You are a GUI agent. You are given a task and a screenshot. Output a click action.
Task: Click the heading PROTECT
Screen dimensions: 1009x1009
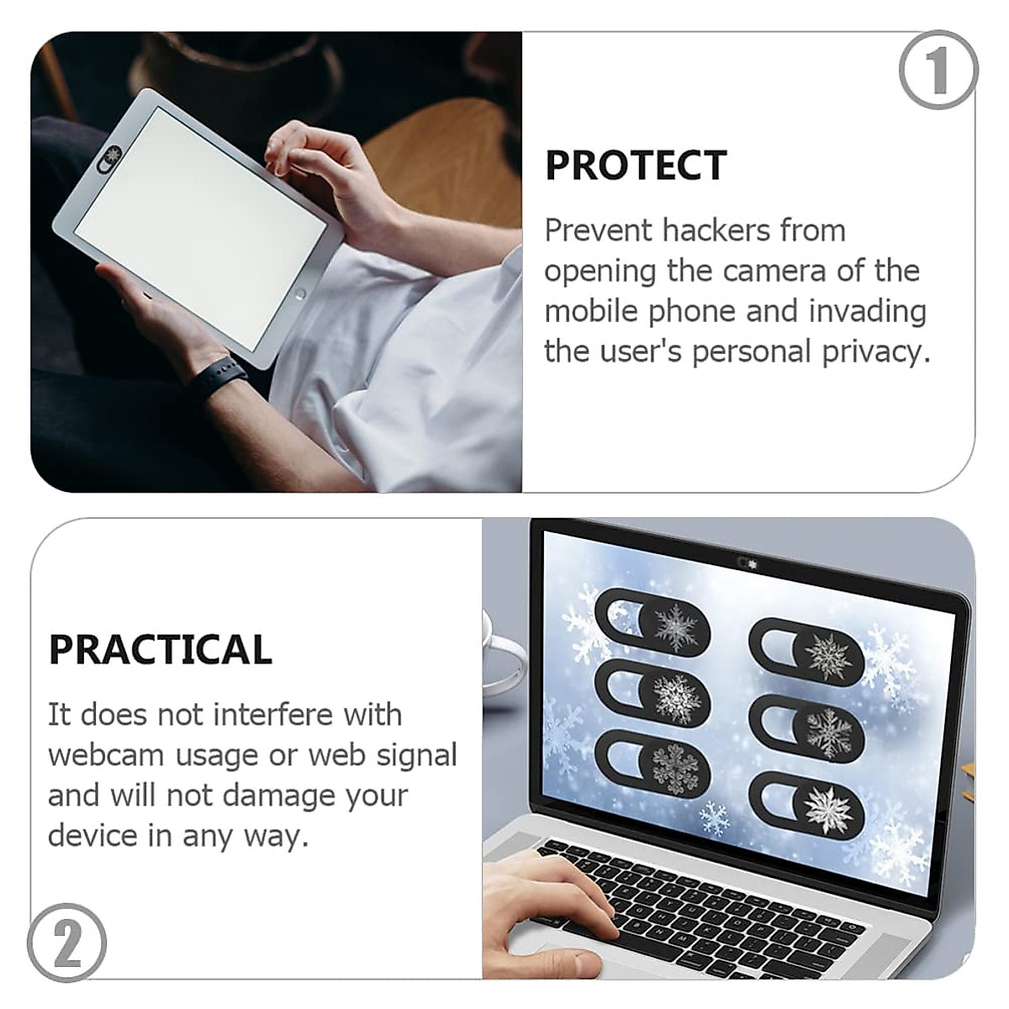click(x=636, y=166)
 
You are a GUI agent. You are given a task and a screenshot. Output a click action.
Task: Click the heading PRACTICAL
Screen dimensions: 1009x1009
click(x=160, y=649)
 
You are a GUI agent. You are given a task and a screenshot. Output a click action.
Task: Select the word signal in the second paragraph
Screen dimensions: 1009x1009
click(x=417, y=755)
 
